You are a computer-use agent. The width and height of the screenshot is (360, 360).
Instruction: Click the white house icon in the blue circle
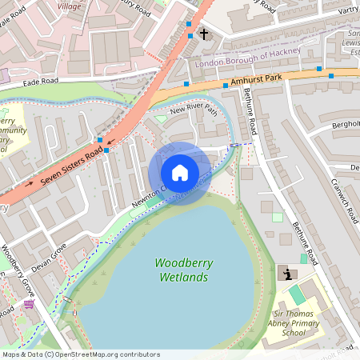180,173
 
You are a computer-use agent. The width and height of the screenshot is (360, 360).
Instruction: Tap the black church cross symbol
204,34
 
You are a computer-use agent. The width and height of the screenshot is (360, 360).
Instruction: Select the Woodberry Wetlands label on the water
182,270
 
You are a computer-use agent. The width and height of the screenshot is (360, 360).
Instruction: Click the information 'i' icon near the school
287,274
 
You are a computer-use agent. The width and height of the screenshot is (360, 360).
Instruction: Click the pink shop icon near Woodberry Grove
30,304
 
